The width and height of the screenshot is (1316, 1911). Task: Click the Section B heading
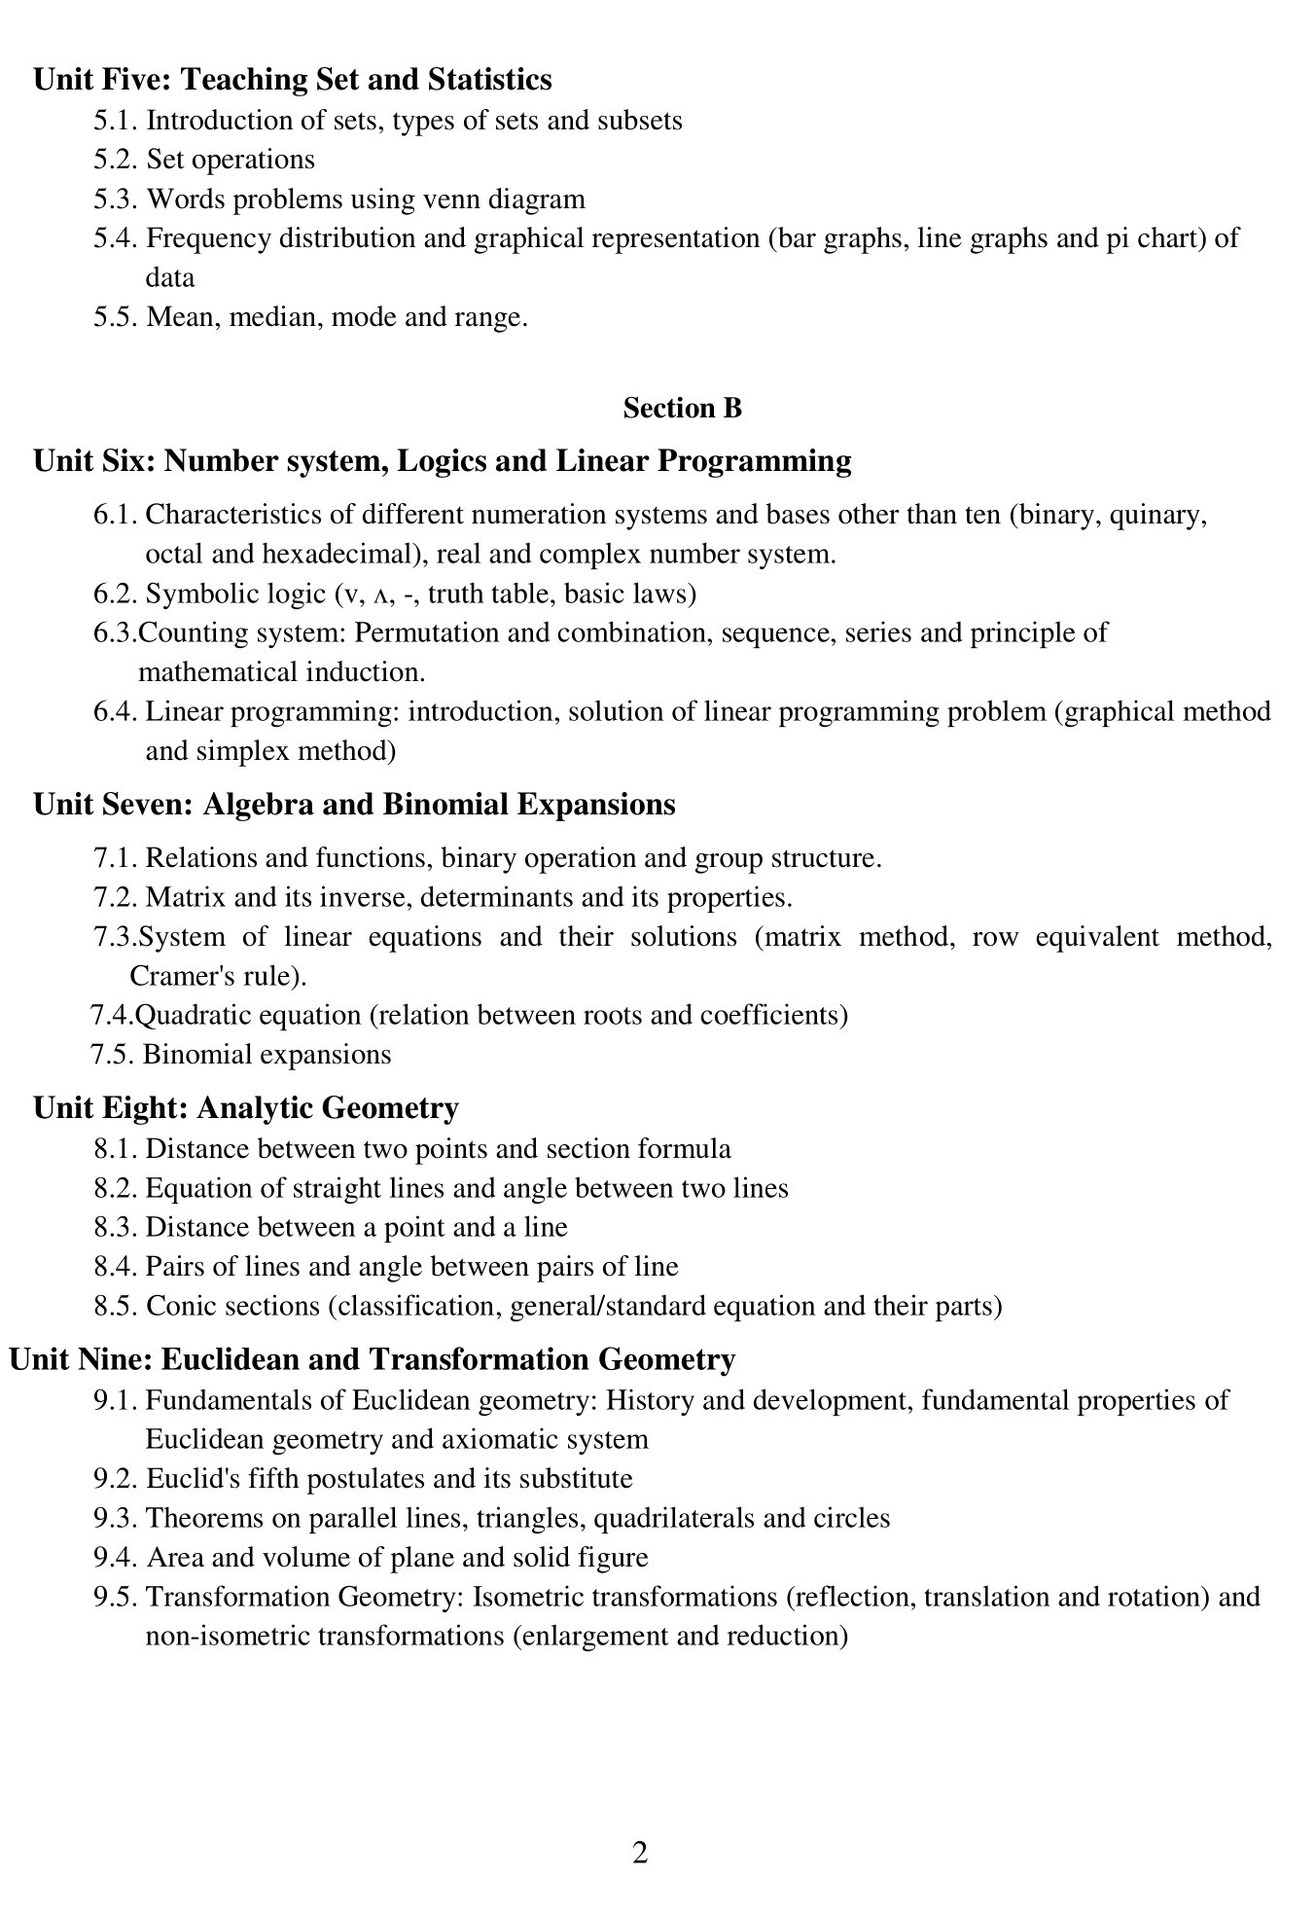click(x=682, y=408)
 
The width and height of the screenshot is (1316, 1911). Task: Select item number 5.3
click(x=117, y=199)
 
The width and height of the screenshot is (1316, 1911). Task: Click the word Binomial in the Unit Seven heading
click(x=438, y=805)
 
